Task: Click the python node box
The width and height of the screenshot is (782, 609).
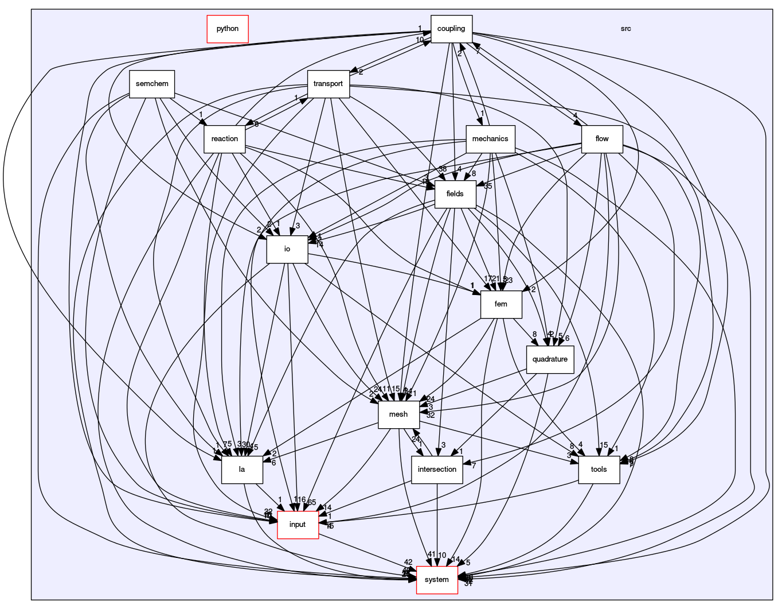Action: pos(227,29)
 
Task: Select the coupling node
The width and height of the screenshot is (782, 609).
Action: pos(451,29)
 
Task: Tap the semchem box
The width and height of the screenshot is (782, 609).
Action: pos(152,84)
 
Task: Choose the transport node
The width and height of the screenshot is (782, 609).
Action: pos(329,84)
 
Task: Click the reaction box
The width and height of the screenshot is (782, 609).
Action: pos(225,139)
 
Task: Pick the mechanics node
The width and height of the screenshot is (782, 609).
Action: pos(490,139)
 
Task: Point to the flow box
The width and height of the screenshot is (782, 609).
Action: pos(602,139)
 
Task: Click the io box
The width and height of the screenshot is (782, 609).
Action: pos(287,249)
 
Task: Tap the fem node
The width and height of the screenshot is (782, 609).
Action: pos(501,304)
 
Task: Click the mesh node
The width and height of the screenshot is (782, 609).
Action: pos(398,414)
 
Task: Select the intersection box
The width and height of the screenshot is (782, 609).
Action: pos(437,470)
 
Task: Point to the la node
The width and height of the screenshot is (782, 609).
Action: pos(242,470)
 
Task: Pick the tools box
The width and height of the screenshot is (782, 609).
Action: pos(599,470)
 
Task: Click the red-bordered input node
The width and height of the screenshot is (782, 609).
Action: pos(298,525)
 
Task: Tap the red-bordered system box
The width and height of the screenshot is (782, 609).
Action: pos(437,580)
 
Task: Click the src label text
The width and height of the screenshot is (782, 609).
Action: pos(625,29)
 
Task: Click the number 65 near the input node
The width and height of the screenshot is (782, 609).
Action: pos(312,503)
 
